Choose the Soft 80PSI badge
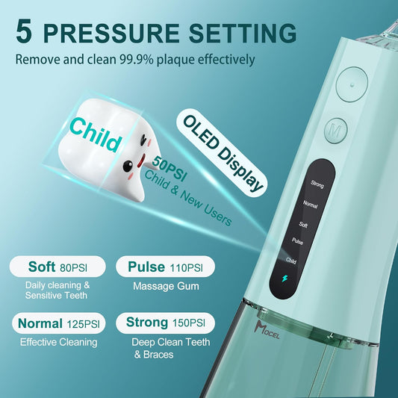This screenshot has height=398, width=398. (57, 267)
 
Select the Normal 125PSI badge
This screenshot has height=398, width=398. (57, 323)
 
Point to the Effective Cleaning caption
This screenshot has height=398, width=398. (58, 342)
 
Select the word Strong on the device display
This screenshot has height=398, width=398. (316, 183)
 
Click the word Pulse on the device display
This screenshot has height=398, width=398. (316, 240)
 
